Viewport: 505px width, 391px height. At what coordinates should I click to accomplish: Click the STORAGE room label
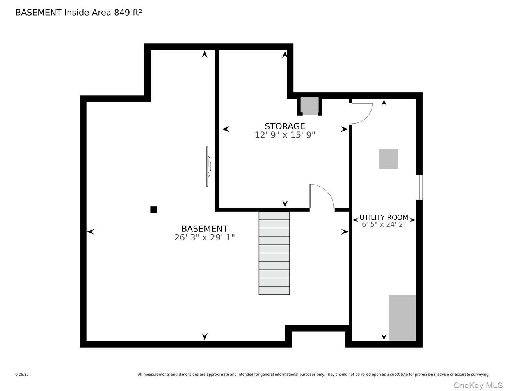(285, 126)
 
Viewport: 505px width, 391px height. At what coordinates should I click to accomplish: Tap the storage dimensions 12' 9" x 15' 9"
(285, 135)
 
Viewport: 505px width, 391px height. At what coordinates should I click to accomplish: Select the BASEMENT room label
(204, 229)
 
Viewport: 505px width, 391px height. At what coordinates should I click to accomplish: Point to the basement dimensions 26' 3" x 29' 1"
(204, 237)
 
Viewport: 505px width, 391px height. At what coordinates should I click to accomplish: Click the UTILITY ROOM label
(384, 217)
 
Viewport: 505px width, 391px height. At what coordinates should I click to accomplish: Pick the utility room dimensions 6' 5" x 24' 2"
(384, 224)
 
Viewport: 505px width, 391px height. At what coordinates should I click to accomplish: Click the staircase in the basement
(274, 253)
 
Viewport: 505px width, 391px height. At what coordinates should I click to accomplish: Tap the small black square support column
(154, 210)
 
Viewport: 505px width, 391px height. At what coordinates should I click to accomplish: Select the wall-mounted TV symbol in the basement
(208, 166)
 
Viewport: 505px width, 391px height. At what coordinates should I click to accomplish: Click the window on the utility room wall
(419, 187)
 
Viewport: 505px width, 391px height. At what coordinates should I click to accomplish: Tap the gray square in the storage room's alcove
(309, 106)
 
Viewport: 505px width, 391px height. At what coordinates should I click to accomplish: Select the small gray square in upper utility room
(388, 159)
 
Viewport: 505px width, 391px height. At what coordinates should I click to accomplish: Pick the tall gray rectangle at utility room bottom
(402, 317)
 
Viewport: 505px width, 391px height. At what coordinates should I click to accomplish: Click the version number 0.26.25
(22, 375)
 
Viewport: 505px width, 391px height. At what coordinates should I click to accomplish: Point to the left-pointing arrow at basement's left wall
(91, 232)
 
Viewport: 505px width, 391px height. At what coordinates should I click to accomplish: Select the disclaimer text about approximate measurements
(313, 375)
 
